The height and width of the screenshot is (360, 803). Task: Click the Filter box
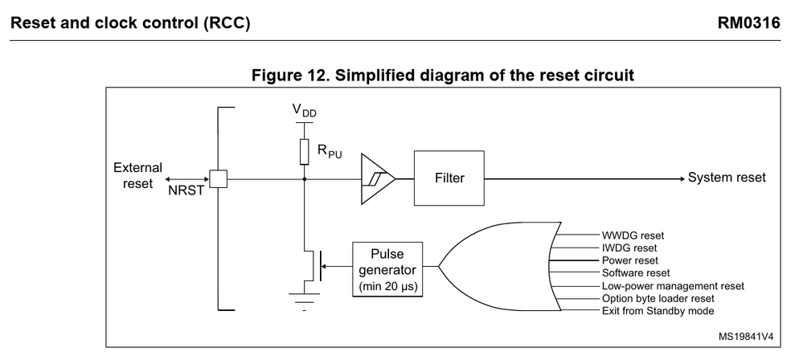(449, 178)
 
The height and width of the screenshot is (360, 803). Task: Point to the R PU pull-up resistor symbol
(305, 150)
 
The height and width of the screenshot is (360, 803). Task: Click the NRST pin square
(218, 178)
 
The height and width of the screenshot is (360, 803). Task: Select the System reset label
(727, 178)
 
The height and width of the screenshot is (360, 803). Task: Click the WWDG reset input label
(633, 235)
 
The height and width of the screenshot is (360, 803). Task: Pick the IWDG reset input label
(629, 248)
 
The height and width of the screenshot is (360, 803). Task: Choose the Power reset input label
(630, 260)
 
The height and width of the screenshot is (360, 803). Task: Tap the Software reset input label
(636, 273)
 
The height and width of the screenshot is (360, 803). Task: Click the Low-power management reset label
(673, 286)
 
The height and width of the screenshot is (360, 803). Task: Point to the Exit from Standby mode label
(658, 311)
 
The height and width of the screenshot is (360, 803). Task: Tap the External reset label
(137, 174)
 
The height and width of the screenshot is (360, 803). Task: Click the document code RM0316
(752, 23)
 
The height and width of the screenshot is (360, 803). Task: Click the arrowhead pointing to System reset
(680, 178)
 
